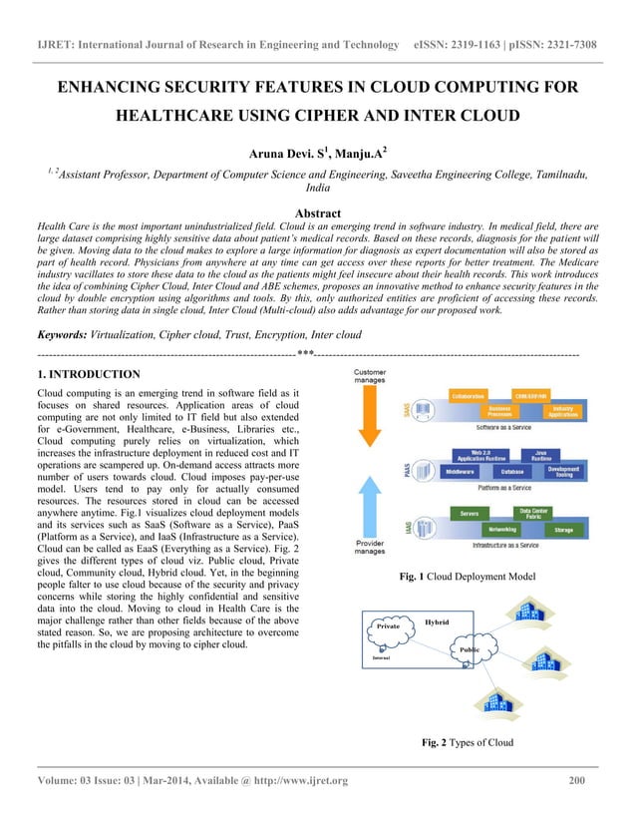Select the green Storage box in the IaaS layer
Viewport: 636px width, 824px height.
[563, 530]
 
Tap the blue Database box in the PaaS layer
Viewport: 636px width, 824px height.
[512, 470]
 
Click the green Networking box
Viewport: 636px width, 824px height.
[509, 530]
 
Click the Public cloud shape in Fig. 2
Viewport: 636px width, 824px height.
[469, 649]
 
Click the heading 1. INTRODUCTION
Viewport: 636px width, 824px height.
[88, 374]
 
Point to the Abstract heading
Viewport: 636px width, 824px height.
[317, 212]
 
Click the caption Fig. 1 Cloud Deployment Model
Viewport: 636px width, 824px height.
[467, 577]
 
